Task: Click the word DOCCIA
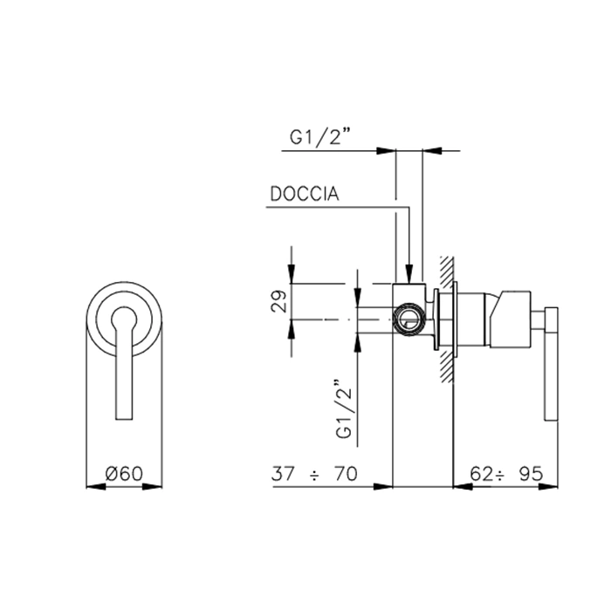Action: (305, 194)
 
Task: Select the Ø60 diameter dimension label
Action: (124, 474)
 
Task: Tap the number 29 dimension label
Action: (278, 301)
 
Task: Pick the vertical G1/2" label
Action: (344, 408)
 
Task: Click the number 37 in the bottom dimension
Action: (283, 474)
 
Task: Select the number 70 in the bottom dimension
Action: (346, 474)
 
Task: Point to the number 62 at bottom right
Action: (481, 474)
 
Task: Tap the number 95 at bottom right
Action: (531, 474)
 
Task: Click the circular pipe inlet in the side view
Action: (409, 319)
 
